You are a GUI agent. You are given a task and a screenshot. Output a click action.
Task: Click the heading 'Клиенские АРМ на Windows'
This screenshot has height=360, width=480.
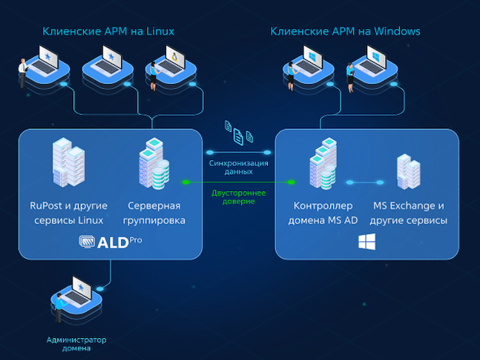[346, 32]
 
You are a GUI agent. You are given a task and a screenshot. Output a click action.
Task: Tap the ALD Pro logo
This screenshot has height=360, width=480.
[110, 241]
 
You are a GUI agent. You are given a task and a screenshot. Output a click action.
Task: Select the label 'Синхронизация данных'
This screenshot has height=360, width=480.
[239, 167]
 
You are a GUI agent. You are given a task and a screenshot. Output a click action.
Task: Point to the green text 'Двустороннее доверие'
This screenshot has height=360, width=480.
[239, 196]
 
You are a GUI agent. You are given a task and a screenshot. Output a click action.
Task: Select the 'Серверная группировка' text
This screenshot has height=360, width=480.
[157, 213]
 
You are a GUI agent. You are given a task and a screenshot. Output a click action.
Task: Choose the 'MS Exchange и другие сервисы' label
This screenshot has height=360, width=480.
[408, 213]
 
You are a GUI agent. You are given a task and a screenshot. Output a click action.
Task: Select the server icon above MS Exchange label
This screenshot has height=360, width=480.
[408, 171]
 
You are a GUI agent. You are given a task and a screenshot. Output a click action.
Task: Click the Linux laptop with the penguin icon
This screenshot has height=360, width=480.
[168, 63]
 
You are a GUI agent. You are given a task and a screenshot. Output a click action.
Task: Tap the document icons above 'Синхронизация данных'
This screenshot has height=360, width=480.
[239, 133]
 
